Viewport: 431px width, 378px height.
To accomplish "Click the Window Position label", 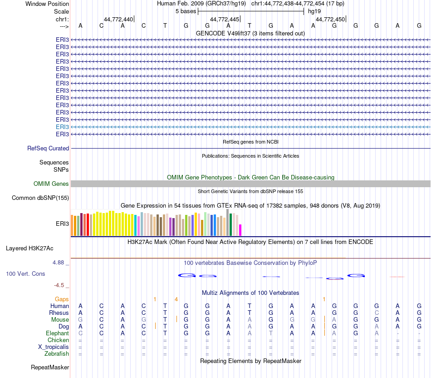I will [47, 4].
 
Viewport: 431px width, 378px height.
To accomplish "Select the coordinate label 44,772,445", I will [225, 19].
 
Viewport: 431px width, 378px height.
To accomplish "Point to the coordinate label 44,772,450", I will [330, 19].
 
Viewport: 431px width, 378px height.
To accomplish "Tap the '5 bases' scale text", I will [186, 11].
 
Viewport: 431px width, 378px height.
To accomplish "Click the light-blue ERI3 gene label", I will [62, 127].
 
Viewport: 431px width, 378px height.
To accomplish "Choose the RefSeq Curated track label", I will [48, 148].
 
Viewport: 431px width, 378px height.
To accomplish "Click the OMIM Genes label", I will [51, 184].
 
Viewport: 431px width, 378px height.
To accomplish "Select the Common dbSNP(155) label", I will [40, 198].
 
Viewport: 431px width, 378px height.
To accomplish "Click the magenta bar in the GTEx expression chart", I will [240, 230].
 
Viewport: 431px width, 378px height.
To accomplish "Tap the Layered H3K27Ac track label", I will [29, 248].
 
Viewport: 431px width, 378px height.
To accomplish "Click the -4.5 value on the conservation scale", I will [59, 285].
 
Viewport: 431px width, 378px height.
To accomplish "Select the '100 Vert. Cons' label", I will [25, 274].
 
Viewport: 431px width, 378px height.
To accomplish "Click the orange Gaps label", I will [62, 299].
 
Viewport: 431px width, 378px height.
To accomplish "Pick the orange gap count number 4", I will [176, 299].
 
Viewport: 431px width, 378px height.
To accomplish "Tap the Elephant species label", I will [57, 333].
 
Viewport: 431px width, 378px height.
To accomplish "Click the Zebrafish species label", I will [57, 353].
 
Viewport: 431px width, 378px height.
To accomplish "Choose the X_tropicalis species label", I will [54, 347].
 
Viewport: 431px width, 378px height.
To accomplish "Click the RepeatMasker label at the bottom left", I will [50, 367].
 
